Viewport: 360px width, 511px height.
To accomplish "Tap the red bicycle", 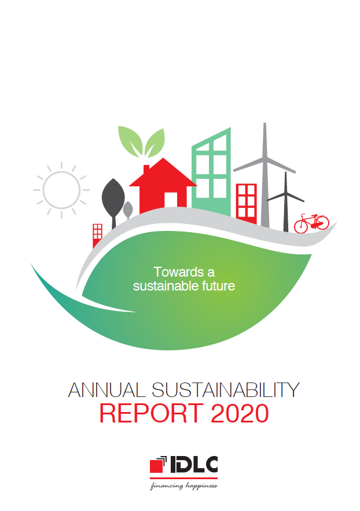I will [311, 222].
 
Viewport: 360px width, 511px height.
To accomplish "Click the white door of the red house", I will [171, 200].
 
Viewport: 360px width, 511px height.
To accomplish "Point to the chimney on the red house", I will [146, 169].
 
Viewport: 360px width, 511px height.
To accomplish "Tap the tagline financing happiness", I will [183, 486].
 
